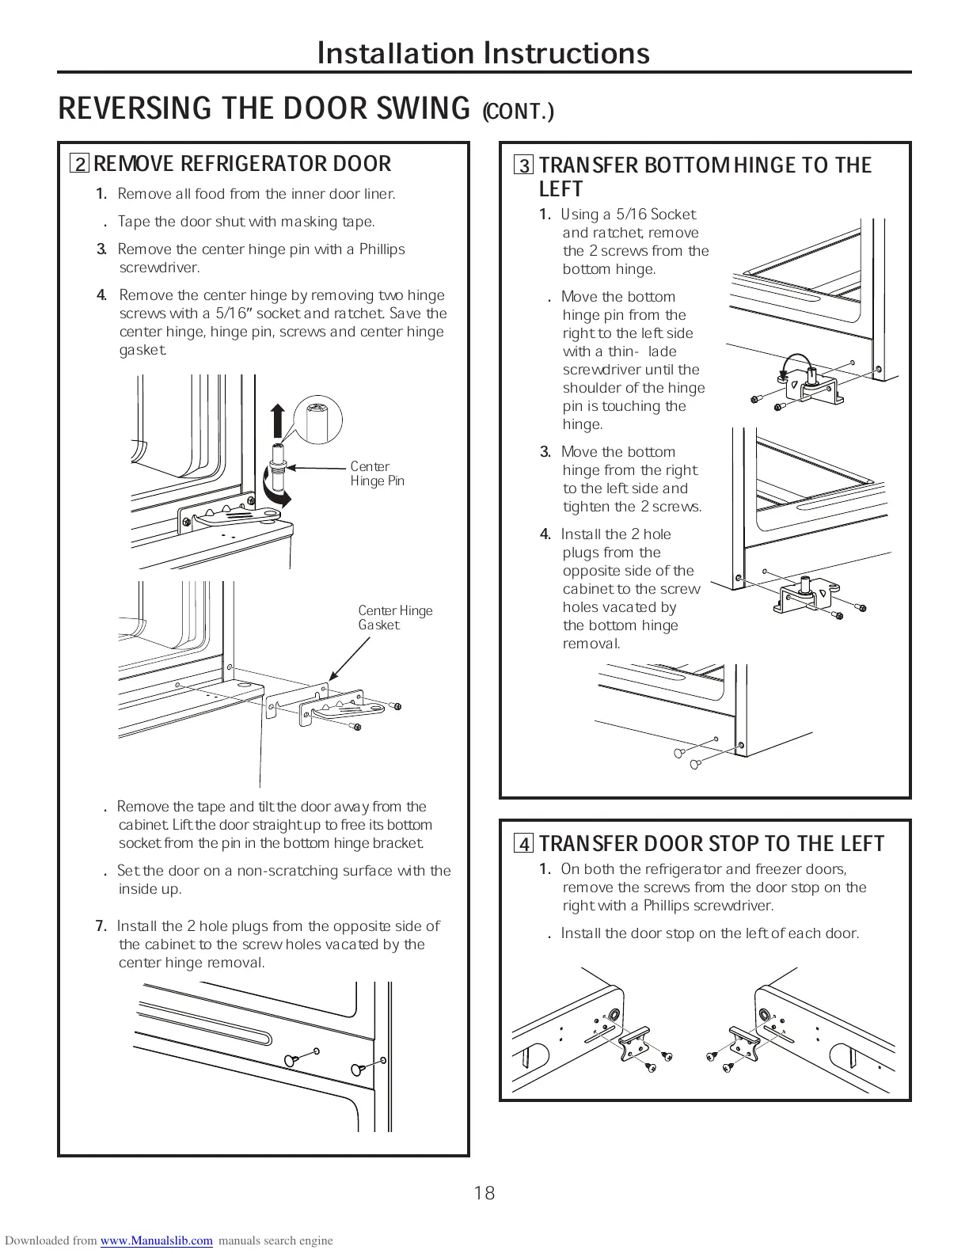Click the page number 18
pyautogui.click(x=484, y=1193)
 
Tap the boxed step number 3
pyautogui.click(x=524, y=166)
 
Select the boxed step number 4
pyautogui.click(x=524, y=844)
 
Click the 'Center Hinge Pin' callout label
pyautogui.click(x=377, y=473)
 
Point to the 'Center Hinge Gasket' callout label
pyautogui.click(x=395, y=617)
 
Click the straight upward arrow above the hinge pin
pyautogui.click(x=278, y=420)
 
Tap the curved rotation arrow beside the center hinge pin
pyautogui.click(x=277, y=496)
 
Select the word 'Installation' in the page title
pyautogui.click(x=397, y=53)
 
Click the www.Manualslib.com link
pyautogui.click(x=156, y=1241)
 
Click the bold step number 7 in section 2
pyautogui.click(x=101, y=926)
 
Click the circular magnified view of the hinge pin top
pyautogui.click(x=316, y=419)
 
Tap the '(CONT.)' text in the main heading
pyautogui.click(x=519, y=112)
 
